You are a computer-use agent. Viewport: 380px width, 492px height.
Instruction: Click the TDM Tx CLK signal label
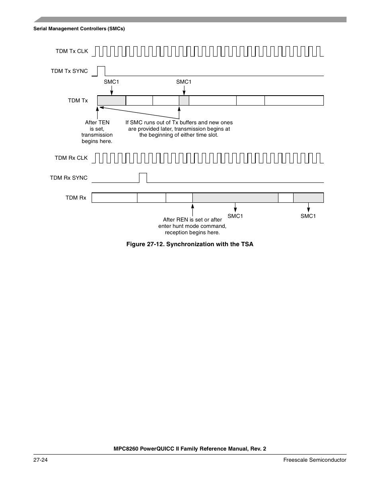(72, 51)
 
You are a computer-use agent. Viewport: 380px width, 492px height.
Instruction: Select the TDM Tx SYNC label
(69, 71)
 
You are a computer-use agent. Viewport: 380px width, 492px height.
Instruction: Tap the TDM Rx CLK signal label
(71, 158)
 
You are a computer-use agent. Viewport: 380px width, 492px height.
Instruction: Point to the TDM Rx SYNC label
(69, 178)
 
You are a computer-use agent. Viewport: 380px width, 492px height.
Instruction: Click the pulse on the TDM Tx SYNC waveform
(101, 71)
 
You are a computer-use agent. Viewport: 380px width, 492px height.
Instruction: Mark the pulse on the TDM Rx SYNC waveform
(143, 178)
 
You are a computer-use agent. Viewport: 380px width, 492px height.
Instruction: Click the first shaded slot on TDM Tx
(112, 100)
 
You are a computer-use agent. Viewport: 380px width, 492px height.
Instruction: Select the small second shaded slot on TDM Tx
(184, 100)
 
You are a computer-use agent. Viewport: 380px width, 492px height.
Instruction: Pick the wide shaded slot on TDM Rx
(235, 198)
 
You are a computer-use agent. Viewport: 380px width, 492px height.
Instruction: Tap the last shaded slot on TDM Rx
(308, 198)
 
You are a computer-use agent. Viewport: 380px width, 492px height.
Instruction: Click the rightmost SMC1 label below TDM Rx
(308, 216)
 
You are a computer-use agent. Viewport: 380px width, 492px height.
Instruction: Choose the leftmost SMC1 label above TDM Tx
(112, 82)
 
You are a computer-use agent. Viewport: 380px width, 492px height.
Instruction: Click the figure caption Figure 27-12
(190, 244)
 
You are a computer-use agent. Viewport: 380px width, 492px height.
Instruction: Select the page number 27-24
(41, 460)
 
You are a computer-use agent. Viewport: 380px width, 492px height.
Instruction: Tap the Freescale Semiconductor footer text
(315, 460)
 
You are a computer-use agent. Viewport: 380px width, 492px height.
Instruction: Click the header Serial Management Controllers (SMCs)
(79, 29)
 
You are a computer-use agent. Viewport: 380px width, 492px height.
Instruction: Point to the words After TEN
(97, 122)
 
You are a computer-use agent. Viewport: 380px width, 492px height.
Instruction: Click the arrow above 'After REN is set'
(192, 210)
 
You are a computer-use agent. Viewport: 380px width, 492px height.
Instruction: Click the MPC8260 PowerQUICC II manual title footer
(190, 449)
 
